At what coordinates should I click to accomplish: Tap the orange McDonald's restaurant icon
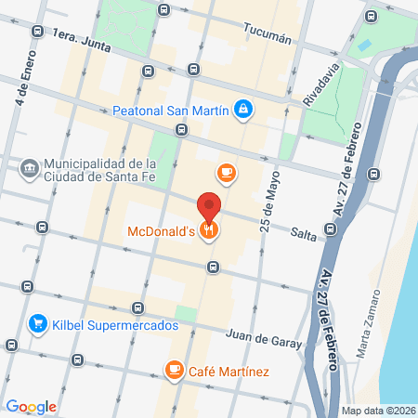tap(210, 231)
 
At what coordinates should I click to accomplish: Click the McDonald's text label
tap(161, 231)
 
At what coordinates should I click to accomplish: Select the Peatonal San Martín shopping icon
tap(243, 110)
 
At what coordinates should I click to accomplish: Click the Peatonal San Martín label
tap(171, 110)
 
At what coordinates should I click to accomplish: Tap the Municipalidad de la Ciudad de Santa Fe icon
tap(28, 168)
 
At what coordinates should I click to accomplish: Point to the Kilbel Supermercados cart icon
tap(38, 324)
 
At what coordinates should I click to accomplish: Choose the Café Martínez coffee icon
tap(173, 371)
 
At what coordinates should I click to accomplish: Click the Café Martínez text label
tap(229, 372)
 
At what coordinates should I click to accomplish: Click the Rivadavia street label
tap(321, 84)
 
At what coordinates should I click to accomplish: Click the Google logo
tap(31, 407)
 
